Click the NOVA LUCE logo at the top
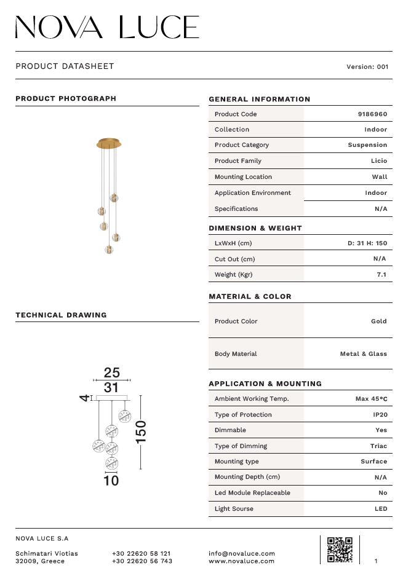point(107,28)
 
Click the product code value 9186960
point(372,114)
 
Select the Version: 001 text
point(367,67)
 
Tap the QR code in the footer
point(340,549)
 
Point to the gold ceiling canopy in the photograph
point(110,144)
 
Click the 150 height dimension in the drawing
point(141,431)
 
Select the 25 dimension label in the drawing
point(111,372)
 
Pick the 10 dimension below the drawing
point(111,481)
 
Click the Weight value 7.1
point(381,275)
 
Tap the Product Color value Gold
point(379,321)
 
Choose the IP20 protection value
point(380,415)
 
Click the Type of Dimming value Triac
point(378,446)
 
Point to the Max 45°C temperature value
point(372,399)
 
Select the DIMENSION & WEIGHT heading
point(255,228)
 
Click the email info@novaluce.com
point(242,553)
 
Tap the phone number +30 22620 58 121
point(142,553)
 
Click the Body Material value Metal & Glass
point(364,354)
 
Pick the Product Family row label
point(238,161)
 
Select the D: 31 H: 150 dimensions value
point(367,243)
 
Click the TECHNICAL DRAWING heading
point(61,315)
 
